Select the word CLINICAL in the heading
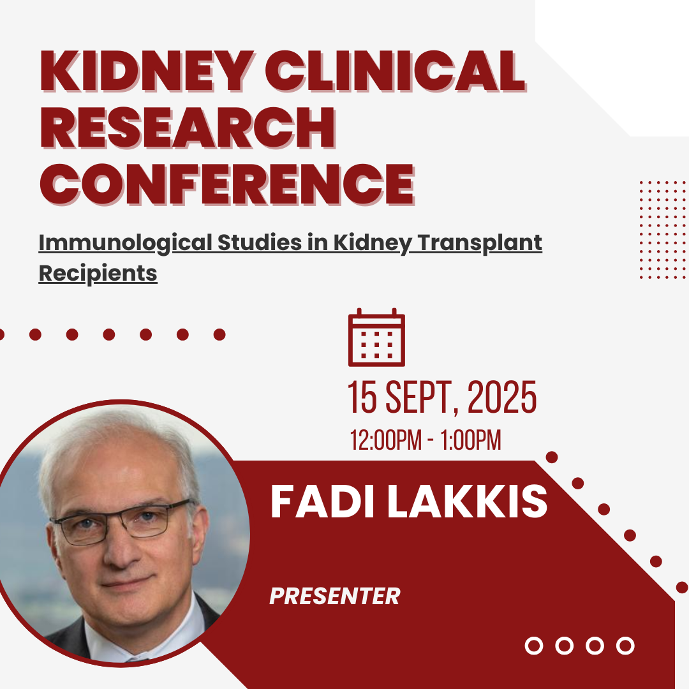[395, 71]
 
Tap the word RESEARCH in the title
[188, 127]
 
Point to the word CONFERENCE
[227, 184]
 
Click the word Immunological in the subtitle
[125, 243]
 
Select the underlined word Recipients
[98, 273]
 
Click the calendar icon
[376, 337]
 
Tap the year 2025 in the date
[502, 397]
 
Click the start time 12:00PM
[385, 440]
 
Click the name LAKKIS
[467, 501]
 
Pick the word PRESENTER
[335, 596]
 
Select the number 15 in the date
[362, 397]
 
